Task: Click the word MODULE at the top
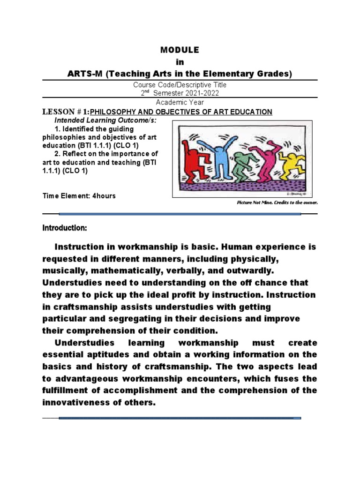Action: tap(180, 50)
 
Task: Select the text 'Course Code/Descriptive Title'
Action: tap(180, 85)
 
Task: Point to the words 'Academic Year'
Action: tap(180, 103)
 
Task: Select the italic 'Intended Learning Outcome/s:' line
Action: tap(105, 120)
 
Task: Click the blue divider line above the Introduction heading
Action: tap(180, 214)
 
